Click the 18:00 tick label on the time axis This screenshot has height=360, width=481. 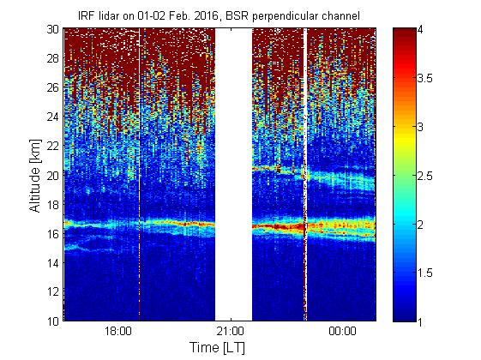click(x=118, y=332)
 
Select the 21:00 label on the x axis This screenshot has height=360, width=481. click(x=231, y=332)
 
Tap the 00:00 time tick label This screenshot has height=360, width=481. click(x=343, y=332)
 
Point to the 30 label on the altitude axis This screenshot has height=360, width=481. click(x=53, y=29)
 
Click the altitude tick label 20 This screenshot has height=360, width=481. click(x=53, y=176)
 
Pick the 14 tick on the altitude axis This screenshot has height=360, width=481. click(x=53, y=263)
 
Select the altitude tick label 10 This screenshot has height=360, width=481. click(x=53, y=321)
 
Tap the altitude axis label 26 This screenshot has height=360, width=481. click(x=53, y=87)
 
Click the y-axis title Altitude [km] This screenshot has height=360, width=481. click(x=35, y=176)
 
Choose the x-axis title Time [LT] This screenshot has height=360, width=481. click(x=217, y=348)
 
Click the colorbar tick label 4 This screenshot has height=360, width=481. click(x=420, y=30)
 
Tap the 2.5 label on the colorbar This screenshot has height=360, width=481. click(x=425, y=176)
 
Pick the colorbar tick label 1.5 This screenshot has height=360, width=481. click(x=425, y=273)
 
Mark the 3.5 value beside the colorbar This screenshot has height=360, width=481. click(x=425, y=79)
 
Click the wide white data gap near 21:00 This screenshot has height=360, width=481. click(x=233, y=175)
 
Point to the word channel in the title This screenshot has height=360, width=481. click(x=340, y=16)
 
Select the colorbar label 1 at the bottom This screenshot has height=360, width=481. click(x=420, y=322)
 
